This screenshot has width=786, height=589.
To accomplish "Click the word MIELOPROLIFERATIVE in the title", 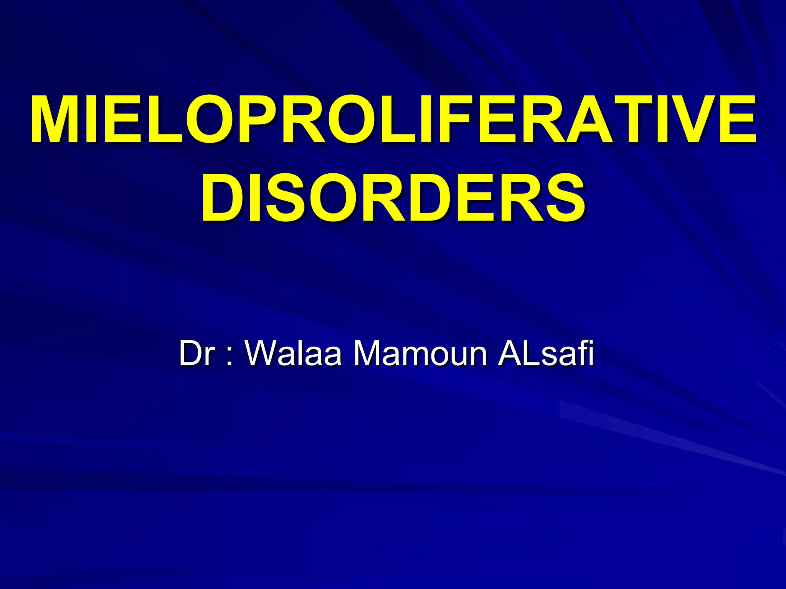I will (x=393, y=119).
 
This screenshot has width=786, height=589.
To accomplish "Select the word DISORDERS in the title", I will (x=393, y=197).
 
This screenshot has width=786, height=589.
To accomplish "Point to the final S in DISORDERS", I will (x=563, y=197).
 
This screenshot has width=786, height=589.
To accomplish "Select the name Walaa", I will (x=294, y=353).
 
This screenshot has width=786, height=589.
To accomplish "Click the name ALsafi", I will (x=545, y=353).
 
